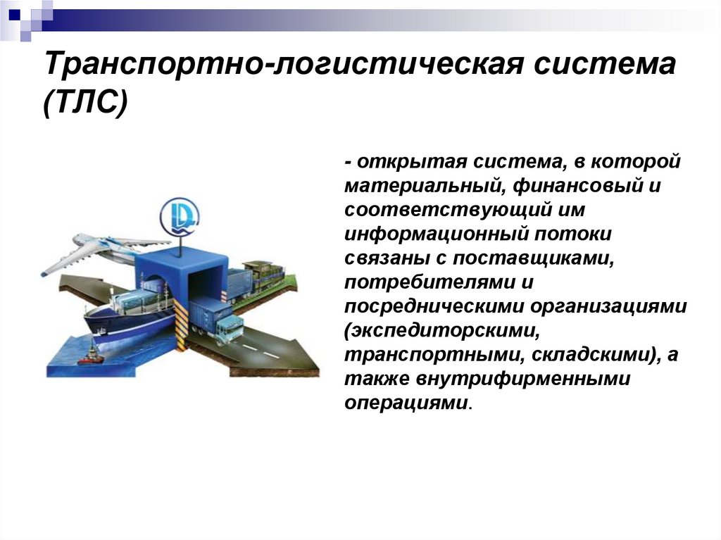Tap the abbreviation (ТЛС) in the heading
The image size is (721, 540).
(x=85, y=106)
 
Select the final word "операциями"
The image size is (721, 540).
(x=405, y=403)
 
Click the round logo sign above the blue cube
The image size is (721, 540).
(x=179, y=212)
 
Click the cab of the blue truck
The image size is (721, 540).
(x=228, y=328)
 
